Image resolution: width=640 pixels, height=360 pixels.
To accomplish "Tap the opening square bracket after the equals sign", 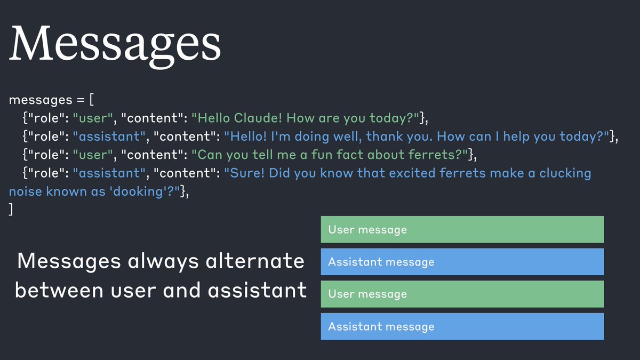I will tap(92, 100).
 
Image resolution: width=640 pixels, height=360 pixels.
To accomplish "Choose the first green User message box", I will tap(462, 229).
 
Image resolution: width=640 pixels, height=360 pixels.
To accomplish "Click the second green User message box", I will tap(462, 294).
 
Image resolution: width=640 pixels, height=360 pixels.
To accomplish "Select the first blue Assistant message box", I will tap(462, 262).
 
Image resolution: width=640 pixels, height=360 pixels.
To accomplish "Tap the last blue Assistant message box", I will tap(462, 326).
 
